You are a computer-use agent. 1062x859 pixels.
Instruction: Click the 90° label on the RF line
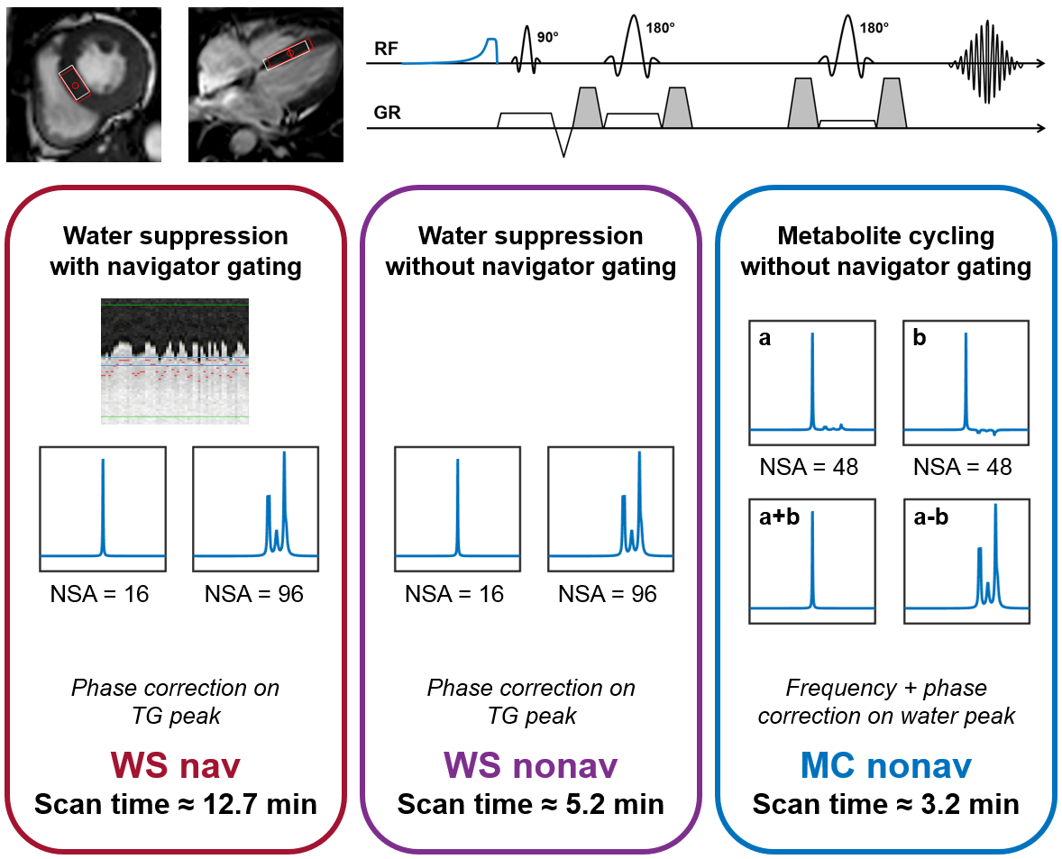pos(547,38)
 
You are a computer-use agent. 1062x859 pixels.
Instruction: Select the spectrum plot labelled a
pos(812,382)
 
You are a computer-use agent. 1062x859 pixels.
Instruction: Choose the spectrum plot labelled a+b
pos(812,561)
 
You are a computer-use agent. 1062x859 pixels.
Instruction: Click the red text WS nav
pos(177,766)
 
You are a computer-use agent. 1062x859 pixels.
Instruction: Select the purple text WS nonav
pos(530,766)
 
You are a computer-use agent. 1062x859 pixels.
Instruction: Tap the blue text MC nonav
pos(886,766)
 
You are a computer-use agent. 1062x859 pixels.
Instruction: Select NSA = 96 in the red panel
pos(254,594)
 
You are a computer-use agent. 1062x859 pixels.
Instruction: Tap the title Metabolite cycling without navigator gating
pos(886,251)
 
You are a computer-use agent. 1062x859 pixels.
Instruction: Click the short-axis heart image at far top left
pos(84,85)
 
